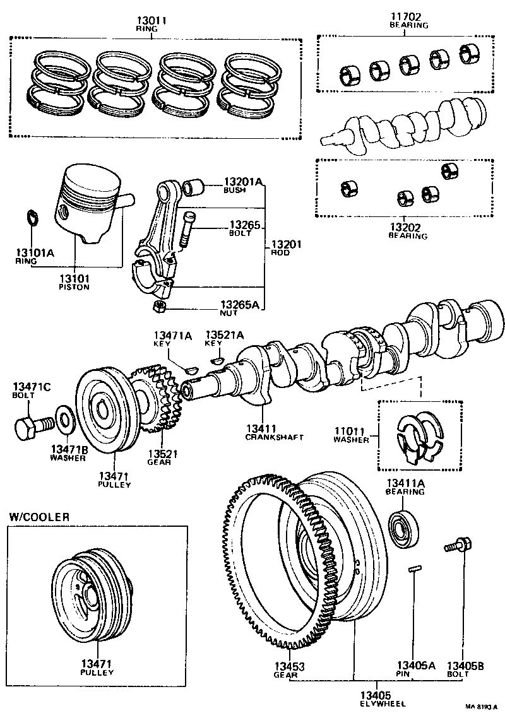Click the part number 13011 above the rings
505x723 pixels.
(151, 20)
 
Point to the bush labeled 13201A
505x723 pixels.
(194, 187)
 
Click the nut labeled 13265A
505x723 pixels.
(160, 307)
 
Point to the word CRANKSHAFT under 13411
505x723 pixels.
(275, 437)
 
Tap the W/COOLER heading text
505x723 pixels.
(39, 517)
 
